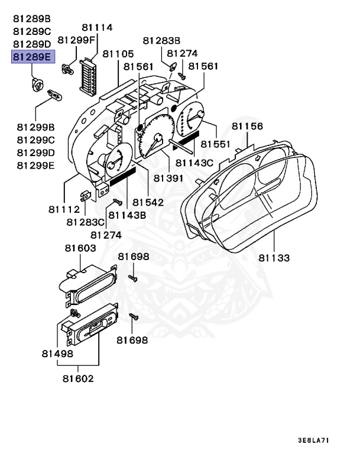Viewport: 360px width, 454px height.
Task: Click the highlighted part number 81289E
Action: point(32,57)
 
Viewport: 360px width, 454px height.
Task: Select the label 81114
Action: point(97,28)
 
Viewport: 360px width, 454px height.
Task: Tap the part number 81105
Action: point(118,54)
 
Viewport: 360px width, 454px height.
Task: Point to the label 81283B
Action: point(161,40)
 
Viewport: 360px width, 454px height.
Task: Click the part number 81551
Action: point(216,144)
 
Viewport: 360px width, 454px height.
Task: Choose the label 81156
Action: point(247,126)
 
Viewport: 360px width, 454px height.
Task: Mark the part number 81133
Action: point(274,257)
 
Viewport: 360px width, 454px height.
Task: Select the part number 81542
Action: point(148,202)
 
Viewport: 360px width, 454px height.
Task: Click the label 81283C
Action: point(85,222)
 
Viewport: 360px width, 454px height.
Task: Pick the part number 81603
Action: point(80,249)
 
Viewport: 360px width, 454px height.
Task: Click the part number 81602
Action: point(77,378)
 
